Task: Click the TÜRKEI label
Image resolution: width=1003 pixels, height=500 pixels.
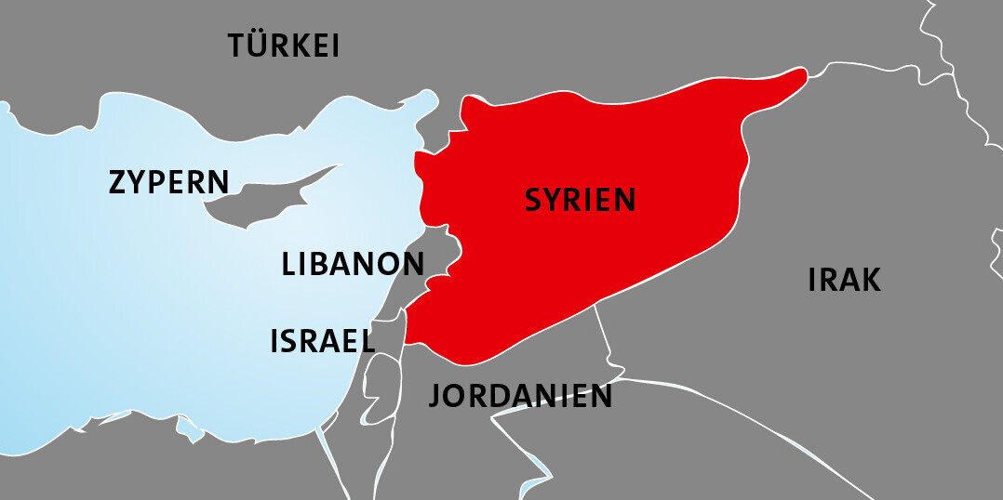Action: pos(284,46)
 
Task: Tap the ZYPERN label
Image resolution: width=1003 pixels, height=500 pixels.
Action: pos(168,182)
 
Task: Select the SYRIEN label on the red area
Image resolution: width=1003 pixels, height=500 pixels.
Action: pos(581,200)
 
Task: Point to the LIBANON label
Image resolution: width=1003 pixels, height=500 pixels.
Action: pos(353,264)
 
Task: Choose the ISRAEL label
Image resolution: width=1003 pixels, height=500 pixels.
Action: pos(322,341)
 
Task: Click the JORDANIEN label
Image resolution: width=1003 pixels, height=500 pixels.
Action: pos(520,396)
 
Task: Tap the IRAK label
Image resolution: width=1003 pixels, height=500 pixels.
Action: pos(844,280)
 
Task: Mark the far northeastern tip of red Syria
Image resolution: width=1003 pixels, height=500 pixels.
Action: pos(800,73)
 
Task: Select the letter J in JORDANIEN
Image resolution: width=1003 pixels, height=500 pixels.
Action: pos(435,397)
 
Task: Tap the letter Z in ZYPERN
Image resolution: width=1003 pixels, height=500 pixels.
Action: pos(118,182)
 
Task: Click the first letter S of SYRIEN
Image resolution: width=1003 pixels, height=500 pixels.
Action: pos(534,200)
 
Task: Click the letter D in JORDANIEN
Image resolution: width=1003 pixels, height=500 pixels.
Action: pos(500,396)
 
